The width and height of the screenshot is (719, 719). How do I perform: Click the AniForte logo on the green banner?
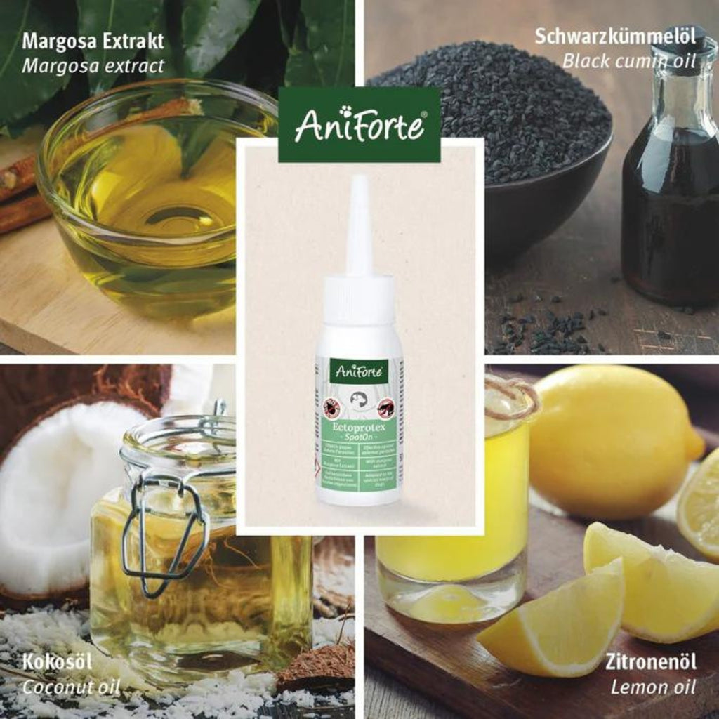pyautogui.click(x=359, y=125)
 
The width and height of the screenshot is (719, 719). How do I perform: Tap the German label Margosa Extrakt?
pyautogui.click(x=92, y=41)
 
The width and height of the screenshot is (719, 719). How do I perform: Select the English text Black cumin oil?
pyautogui.click(x=628, y=61)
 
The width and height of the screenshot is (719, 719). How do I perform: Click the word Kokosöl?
pyautogui.click(x=57, y=662)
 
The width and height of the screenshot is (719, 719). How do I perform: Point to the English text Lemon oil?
pyautogui.click(x=653, y=686)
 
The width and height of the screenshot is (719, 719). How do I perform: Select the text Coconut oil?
pyautogui.click(x=71, y=686)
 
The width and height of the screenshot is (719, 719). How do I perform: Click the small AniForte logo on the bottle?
pyautogui.click(x=359, y=371)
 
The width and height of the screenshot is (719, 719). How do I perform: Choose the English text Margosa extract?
pyautogui.click(x=92, y=66)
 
